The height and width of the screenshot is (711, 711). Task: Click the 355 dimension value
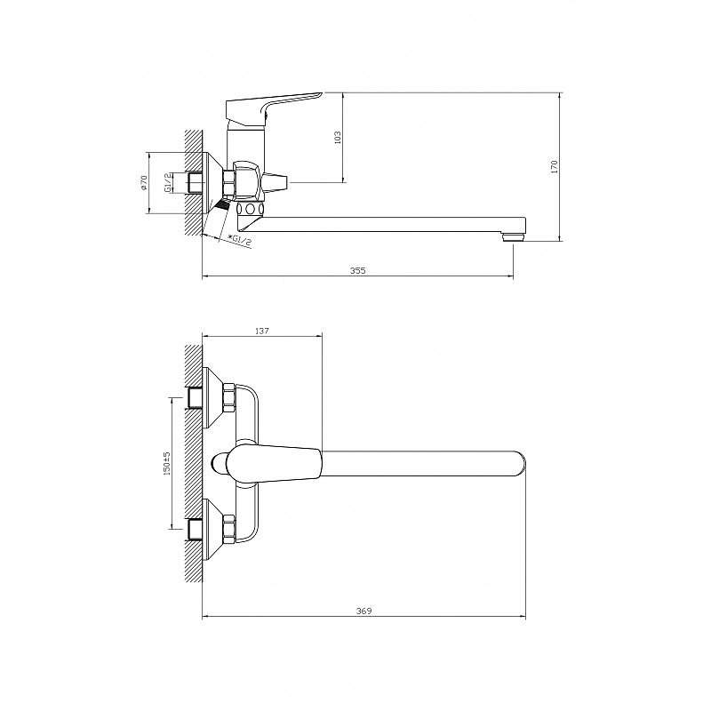(358, 271)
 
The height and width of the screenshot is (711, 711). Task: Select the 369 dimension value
(364, 611)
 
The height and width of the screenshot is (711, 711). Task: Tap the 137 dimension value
(262, 331)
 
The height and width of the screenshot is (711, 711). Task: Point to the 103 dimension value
(337, 138)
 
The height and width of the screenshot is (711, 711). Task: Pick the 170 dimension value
(554, 167)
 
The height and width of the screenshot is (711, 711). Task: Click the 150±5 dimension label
(166, 463)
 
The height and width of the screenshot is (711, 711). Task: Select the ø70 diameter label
(144, 182)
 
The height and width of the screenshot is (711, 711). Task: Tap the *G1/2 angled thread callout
(239, 240)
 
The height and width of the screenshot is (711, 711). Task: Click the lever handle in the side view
(271, 108)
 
